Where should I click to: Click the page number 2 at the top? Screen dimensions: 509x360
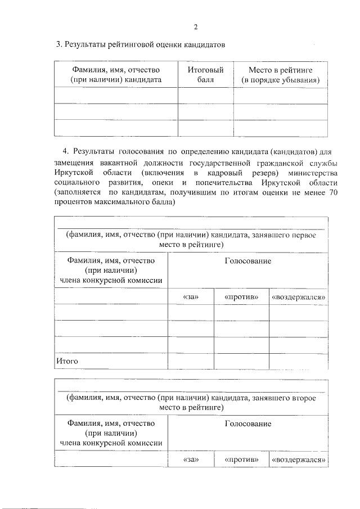[195, 26]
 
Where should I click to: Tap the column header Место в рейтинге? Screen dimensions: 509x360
[280, 75]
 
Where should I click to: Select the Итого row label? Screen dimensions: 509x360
[66, 361]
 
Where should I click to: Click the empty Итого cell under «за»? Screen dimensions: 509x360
[191, 361]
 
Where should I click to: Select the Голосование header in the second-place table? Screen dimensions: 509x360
[248, 424]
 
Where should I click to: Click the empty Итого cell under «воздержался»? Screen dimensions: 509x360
[299, 361]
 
